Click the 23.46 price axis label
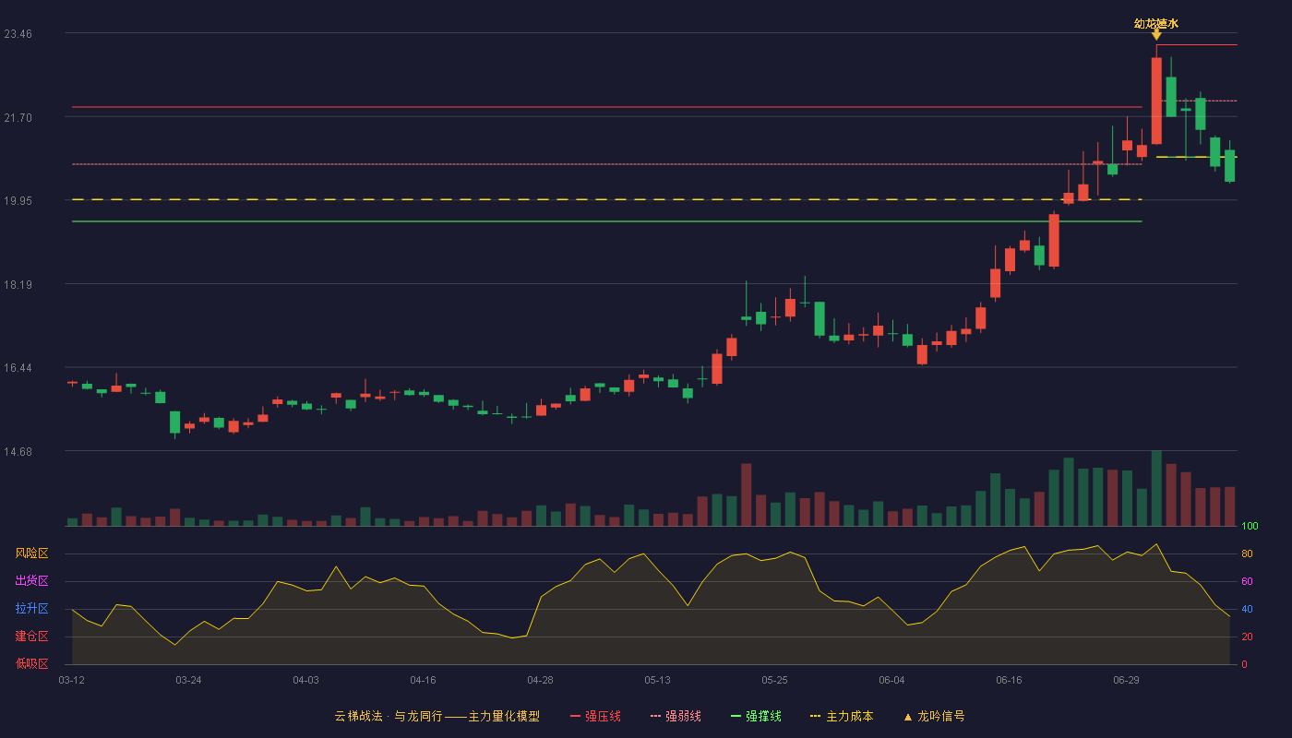pos(18,34)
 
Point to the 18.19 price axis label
pos(18,285)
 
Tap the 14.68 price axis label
pos(18,452)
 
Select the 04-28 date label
pos(540,681)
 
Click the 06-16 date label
pos(1009,681)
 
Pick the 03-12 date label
pos(72,681)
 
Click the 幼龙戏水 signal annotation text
pos(1155,24)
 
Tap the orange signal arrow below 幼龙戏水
pos(1156,35)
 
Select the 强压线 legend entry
pos(595,716)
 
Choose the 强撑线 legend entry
pos(756,716)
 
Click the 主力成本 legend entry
pos(842,716)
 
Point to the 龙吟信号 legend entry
pos(934,716)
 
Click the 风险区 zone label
pos(31,553)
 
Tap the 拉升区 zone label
pos(31,609)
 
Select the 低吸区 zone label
pos(31,664)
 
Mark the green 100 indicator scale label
pos(1250,526)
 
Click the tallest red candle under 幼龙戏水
pos(1156,101)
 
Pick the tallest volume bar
pos(1156,488)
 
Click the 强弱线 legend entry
pos(676,716)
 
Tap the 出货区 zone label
pos(31,581)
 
